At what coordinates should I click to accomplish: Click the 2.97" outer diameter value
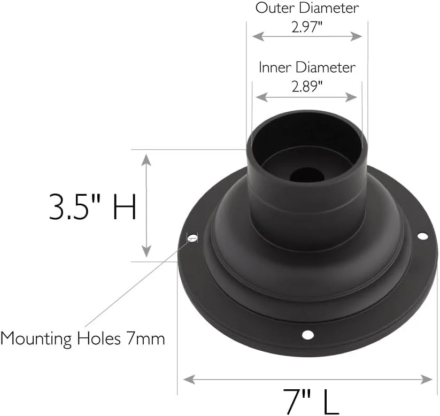click(307, 27)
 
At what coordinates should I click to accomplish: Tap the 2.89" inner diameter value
click(307, 87)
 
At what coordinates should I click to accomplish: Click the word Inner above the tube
click(275, 67)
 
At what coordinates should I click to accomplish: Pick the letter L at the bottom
click(331, 401)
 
